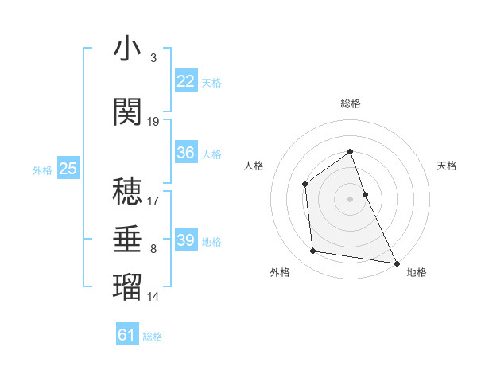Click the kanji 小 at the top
128,49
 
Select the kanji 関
128,112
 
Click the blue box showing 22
186,81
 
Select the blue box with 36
186,153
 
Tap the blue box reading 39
186,240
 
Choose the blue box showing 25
68,169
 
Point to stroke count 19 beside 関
153,122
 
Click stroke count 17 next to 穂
153,201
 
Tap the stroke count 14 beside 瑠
153,297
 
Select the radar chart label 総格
351,103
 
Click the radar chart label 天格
447,166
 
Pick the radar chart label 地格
417,272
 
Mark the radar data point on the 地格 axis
396,262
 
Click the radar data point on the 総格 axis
351,152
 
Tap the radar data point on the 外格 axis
313,251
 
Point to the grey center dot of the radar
351,199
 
